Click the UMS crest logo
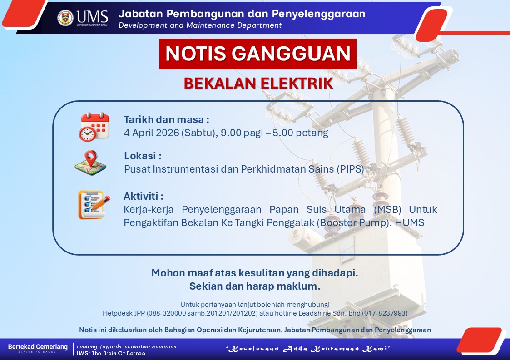[x=65, y=18]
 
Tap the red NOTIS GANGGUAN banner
[x=257, y=54]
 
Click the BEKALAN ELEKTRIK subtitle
[x=258, y=83]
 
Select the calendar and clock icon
[x=94, y=127]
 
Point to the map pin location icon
[x=90, y=163]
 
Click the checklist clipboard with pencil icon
[x=94, y=205]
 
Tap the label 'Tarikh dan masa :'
[x=166, y=120]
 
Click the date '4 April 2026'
[x=152, y=133]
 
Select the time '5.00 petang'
[x=300, y=133]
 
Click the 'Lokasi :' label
[x=143, y=156]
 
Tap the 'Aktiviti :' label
[x=144, y=196]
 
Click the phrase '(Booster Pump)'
[x=354, y=223]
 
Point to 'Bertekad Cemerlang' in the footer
[x=38, y=347]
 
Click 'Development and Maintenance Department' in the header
[x=200, y=25]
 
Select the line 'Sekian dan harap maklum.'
[x=255, y=286]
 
